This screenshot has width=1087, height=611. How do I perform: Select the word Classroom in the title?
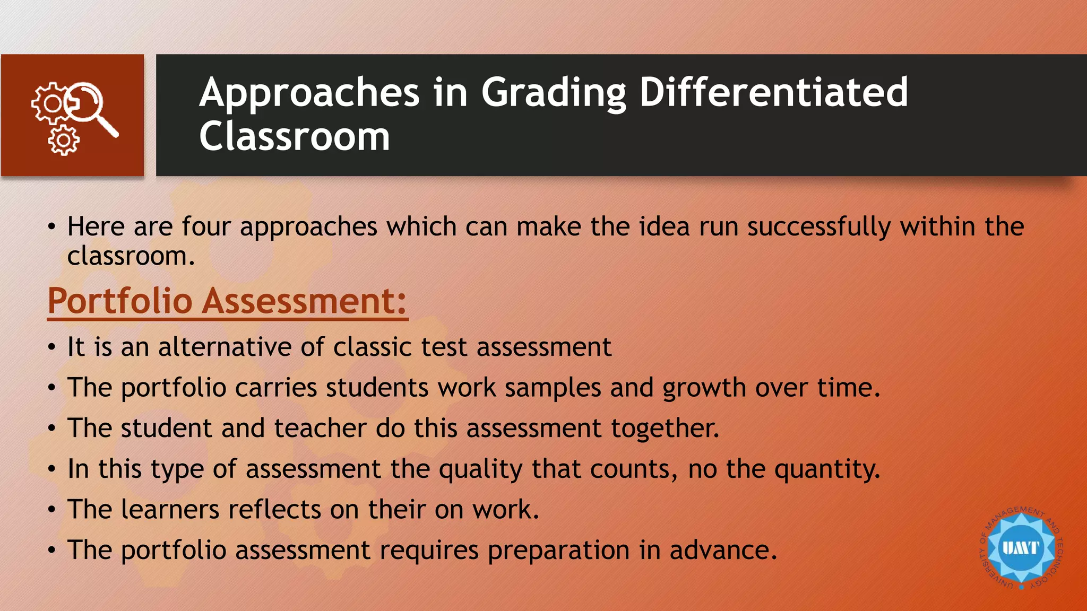point(295,136)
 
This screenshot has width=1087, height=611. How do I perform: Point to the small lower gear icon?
point(64,141)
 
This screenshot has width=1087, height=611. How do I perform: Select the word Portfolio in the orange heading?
point(120,301)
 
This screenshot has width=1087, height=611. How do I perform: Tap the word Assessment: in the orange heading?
point(305,301)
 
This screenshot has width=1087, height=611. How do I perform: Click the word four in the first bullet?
point(206,226)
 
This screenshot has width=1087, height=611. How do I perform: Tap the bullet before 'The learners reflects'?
point(51,510)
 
